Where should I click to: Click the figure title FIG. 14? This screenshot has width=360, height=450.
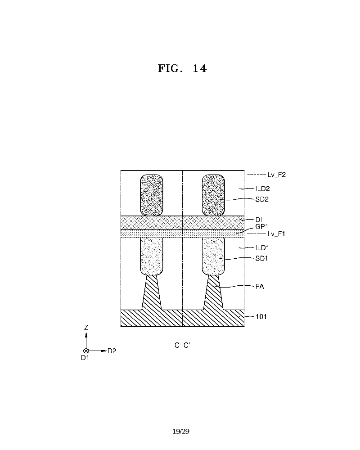point(182,68)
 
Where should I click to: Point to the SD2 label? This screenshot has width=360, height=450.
point(263,198)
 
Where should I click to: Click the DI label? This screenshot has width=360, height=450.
point(259,220)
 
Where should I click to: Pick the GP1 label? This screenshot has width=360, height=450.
point(262,227)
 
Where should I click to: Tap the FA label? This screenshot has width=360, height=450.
point(260,286)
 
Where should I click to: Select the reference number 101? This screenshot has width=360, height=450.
point(261,316)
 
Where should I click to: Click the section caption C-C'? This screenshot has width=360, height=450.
point(183,345)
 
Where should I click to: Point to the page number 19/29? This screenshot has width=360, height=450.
point(181,432)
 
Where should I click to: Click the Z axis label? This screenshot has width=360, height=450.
point(86,328)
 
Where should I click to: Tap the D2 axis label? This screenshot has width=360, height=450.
point(112,351)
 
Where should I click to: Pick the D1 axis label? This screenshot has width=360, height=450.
point(85,358)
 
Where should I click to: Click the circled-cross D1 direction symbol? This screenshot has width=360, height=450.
point(86,351)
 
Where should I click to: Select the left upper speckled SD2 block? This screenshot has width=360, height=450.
point(152,195)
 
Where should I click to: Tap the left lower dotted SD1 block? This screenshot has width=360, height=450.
point(152,256)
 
